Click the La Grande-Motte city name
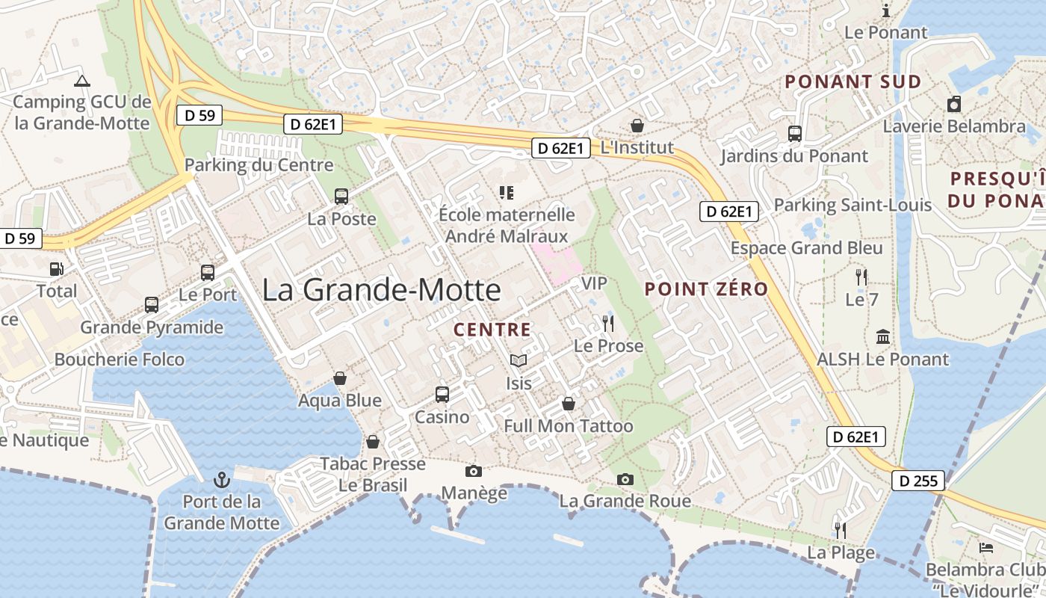click(x=381, y=290)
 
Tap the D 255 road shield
click(x=917, y=481)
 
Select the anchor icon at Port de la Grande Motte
click(x=221, y=478)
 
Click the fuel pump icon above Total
click(x=57, y=269)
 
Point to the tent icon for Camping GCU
click(x=82, y=81)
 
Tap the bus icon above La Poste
click(x=341, y=197)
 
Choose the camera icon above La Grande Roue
click(x=625, y=479)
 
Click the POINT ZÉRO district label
click(x=706, y=289)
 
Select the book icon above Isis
click(x=519, y=361)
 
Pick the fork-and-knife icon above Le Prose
click(x=608, y=324)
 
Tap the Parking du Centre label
click(x=259, y=165)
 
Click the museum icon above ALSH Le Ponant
click(x=883, y=337)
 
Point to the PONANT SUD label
click(x=852, y=82)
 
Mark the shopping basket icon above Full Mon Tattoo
click(x=569, y=404)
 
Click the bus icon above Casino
click(x=442, y=394)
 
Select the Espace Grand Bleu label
click(x=807, y=248)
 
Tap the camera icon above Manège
click(x=474, y=471)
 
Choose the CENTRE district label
click(x=492, y=330)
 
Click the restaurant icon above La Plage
click(x=841, y=531)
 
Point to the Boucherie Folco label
click(x=120, y=360)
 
